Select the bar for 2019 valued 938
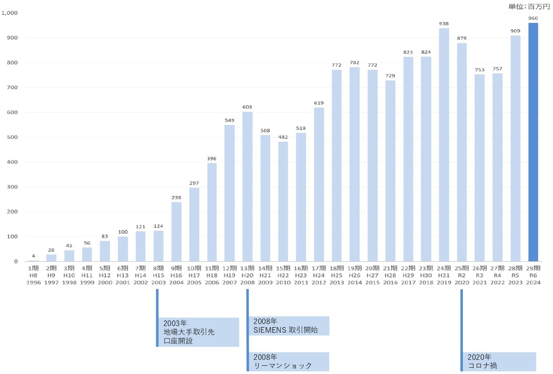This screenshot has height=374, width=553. (x=444, y=144)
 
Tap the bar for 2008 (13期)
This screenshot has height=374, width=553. (x=248, y=186)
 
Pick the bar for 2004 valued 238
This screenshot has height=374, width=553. (x=176, y=231)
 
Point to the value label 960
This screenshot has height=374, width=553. (x=533, y=18)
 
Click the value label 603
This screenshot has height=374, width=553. (x=248, y=107)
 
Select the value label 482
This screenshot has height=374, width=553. (x=283, y=137)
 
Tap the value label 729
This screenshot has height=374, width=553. (x=390, y=76)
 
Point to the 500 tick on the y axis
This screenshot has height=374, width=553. (x=12, y=137)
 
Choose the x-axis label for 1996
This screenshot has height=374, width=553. (x=33, y=275)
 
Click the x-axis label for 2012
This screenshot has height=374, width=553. (x=319, y=275)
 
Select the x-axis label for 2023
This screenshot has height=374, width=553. (x=515, y=275)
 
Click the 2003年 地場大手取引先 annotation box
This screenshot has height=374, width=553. (x=199, y=332)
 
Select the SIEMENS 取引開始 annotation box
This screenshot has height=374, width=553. (x=289, y=326)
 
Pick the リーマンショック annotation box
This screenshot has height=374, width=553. (x=289, y=361)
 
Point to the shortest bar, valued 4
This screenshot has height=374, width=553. (x=33, y=261)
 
